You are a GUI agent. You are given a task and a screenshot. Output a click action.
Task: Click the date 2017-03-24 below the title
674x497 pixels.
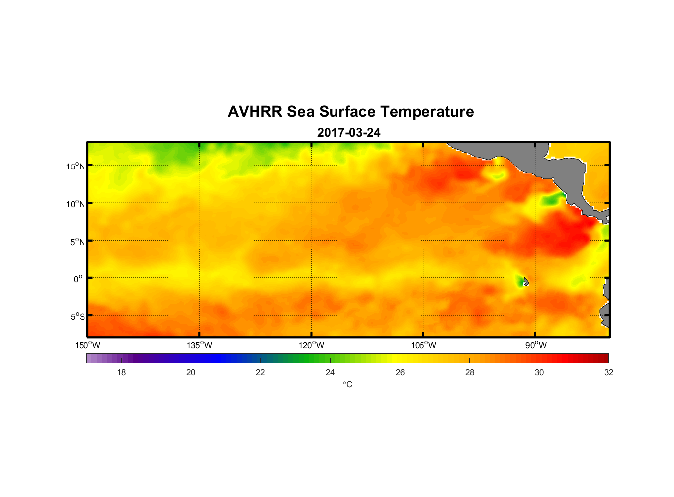coord(348,133)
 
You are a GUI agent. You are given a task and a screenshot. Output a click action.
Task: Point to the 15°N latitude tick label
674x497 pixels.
coord(76,166)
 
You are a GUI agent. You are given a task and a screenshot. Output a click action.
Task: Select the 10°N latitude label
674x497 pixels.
coord(76,204)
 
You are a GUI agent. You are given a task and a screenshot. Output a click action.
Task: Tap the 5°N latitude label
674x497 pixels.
coord(77,242)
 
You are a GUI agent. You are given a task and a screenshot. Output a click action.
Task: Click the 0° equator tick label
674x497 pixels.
coord(78,279)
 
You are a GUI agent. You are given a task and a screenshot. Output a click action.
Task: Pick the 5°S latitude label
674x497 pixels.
coord(77,317)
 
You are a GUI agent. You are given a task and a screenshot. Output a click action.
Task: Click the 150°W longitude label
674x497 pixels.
coord(87,345)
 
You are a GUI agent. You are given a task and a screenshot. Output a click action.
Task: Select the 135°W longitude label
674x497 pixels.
coord(199,345)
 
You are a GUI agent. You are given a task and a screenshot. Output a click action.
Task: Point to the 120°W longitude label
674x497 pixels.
coord(311,345)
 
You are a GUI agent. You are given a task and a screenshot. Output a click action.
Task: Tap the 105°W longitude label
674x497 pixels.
coord(423,345)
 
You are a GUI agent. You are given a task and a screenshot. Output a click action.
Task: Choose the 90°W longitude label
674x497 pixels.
coord(536,345)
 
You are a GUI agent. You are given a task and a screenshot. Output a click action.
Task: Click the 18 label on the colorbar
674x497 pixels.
coord(121,372)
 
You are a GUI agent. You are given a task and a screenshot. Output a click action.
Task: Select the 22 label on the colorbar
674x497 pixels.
coord(260,372)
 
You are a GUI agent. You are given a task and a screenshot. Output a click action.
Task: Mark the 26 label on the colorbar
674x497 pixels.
coord(400,372)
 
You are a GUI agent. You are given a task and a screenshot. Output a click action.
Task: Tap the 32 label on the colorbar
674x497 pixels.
coord(609,372)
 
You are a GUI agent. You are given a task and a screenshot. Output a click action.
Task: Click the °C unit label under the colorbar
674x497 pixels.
coord(347,384)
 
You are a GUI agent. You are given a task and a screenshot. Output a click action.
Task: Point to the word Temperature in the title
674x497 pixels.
coord(421,112)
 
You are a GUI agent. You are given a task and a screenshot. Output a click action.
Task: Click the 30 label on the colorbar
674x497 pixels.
coord(539,372)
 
